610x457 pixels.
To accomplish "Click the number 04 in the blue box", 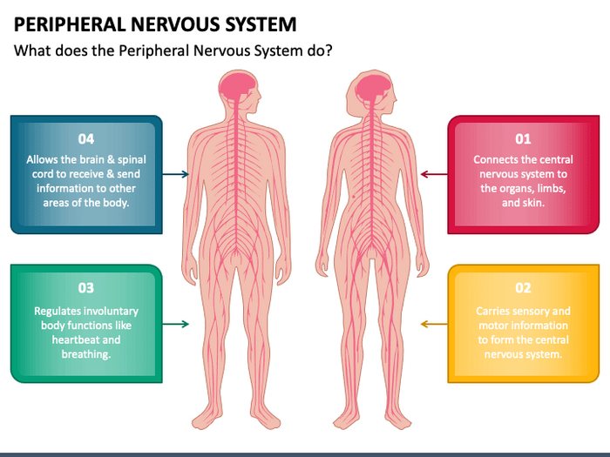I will tap(85, 138).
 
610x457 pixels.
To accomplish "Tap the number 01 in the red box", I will tap(523, 138).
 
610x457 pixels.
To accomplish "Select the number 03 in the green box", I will tap(85, 288).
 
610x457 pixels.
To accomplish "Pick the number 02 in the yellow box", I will tap(523, 288).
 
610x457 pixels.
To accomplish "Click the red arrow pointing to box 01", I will tap(434, 174).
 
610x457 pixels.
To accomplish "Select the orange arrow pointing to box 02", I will tap(434, 324).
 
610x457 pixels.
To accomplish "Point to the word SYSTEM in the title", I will tap(257, 24).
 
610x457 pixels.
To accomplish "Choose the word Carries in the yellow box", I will tap(494, 311).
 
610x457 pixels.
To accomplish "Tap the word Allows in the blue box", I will tap(44, 160).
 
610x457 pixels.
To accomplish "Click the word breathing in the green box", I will tap(85, 355).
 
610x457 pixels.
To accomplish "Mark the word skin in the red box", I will tap(533, 203).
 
